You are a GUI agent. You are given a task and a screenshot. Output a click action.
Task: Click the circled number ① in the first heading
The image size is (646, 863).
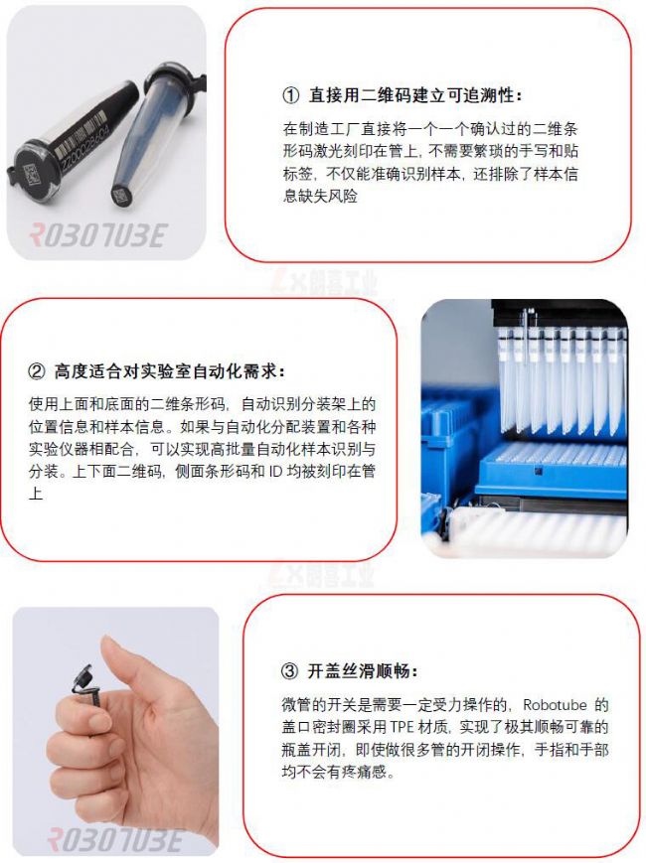[290, 96]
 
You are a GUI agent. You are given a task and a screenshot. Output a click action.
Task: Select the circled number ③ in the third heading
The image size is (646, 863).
[290, 670]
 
